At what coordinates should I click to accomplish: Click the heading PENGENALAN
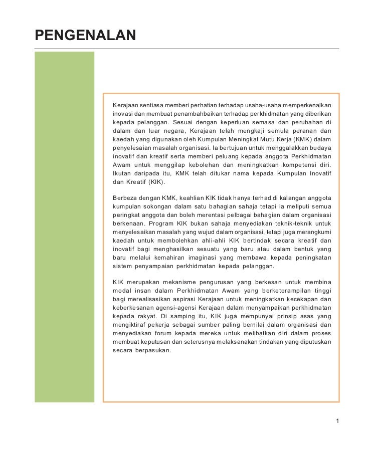pos(85,35)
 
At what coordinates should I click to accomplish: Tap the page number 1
pos(337,420)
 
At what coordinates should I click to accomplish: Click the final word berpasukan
pos(153,351)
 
